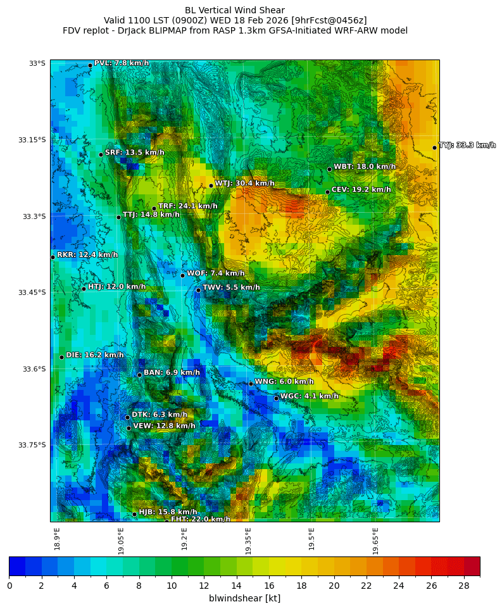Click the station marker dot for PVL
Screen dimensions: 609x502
tap(90, 65)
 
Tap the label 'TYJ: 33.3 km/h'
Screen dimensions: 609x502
tap(467, 146)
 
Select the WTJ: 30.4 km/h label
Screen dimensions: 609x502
tap(244, 184)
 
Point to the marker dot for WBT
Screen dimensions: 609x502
tap(329, 169)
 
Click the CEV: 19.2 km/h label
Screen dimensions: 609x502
tap(361, 190)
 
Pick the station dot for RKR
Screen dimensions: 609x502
tap(53, 257)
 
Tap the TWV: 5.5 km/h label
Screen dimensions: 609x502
tap(231, 287)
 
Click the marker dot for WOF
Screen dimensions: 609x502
tap(182, 275)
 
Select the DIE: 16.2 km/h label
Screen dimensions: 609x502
tap(95, 355)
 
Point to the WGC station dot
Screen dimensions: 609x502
tap(276, 398)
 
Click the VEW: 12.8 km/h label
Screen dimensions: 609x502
tap(164, 426)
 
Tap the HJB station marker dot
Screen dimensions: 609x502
tap(134, 514)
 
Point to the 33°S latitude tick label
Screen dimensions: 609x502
tap(37, 63)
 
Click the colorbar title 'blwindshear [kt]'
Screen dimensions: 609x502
tap(244, 598)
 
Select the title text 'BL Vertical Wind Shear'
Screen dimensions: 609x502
tap(235, 10)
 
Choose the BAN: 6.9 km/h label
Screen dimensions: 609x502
tap(172, 373)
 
